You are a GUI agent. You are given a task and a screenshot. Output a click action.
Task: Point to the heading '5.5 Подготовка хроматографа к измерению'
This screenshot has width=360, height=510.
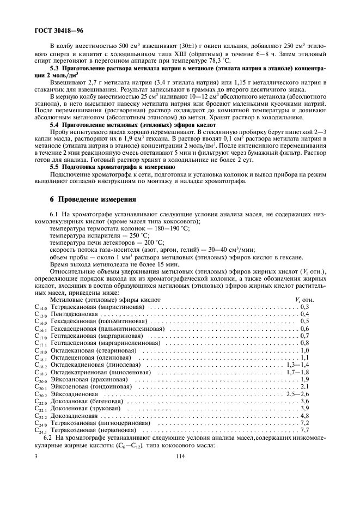(x=112, y=168)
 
